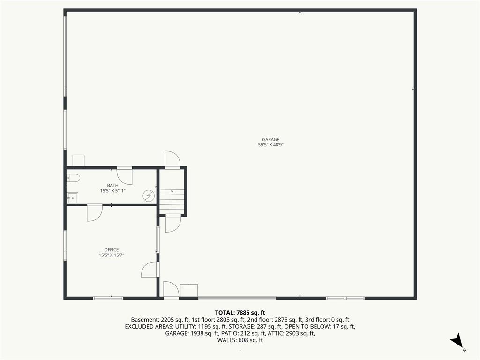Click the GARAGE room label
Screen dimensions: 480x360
tap(270, 140)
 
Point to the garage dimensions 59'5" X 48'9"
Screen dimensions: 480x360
tap(270, 145)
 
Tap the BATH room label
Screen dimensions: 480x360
tap(112, 185)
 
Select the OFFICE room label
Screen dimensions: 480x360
tap(112, 250)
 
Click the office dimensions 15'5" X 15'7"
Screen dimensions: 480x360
tap(112, 255)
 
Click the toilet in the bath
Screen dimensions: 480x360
tap(73, 178)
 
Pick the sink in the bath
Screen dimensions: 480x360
tap(72, 198)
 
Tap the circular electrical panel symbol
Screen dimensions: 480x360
tap(149, 196)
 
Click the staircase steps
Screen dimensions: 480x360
tap(172, 202)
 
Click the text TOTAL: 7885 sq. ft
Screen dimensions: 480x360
tap(240, 313)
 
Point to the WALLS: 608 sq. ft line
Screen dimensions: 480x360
tap(240, 340)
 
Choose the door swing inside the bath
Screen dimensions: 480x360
tap(125, 176)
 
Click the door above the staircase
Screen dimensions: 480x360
tap(172, 159)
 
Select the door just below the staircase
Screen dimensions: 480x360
tap(173, 224)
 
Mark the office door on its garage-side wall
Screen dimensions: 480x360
tap(150, 270)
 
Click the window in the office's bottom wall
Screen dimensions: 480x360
tap(108, 298)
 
